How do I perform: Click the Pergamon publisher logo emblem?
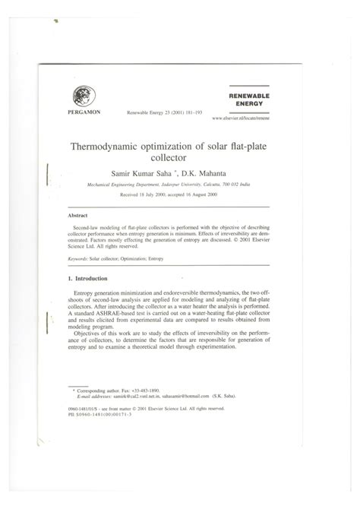coord(81,96)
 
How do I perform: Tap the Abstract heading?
coord(77,215)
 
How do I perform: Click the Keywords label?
coord(80,258)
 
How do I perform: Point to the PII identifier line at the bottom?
coord(103,435)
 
